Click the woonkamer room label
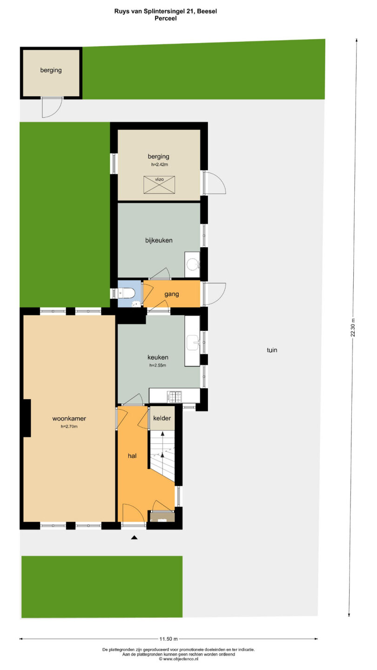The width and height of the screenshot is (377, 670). pyautogui.click(x=69, y=418)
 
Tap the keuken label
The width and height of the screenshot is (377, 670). pyautogui.click(x=158, y=357)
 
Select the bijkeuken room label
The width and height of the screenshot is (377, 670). pyautogui.click(x=159, y=240)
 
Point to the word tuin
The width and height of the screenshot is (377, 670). pyautogui.click(x=272, y=350)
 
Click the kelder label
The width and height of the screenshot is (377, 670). pyautogui.click(x=162, y=418)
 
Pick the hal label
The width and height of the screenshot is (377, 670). pyautogui.click(x=132, y=456)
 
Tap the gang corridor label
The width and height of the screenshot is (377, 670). pyautogui.click(x=172, y=294)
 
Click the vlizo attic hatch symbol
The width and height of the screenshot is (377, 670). pyautogui.click(x=159, y=185)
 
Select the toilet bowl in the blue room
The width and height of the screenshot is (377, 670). pyautogui.click(x=126, y=293)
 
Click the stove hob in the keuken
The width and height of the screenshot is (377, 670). pyautogui.click(x=175, y=396)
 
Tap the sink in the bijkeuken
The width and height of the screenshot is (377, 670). pyautogui.click(x=192, y=264)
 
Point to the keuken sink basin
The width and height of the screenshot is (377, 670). pyautogui.click(x=193, y=342)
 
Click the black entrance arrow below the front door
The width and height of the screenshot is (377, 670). pyautogui.click(x=134, y=537)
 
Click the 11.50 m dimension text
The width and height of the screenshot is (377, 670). pyautogui.click(x=168, y=639)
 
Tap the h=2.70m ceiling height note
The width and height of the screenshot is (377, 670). pyautogui.click(x=69, y=427)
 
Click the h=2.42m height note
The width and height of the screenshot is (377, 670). pyautogui.click(x=160, y=165)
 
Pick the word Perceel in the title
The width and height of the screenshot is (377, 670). pyautogui.click(x=166, y=18)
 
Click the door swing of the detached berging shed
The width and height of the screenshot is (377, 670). pyautogui.click(x=52, y=107)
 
